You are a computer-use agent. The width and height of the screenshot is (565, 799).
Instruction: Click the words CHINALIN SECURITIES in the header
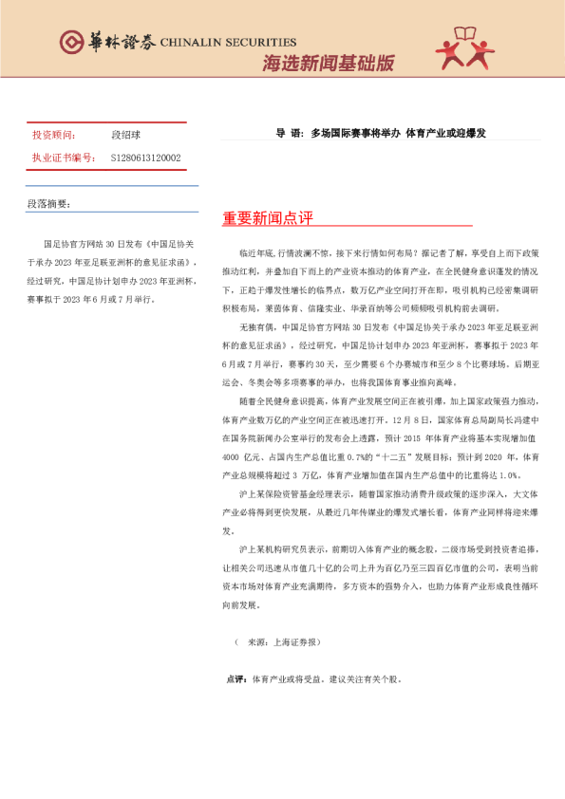[228, 43]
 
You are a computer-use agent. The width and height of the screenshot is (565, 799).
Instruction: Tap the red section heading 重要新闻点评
[268, 218]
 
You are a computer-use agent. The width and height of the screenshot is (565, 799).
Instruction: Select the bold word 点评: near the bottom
[236, 679]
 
